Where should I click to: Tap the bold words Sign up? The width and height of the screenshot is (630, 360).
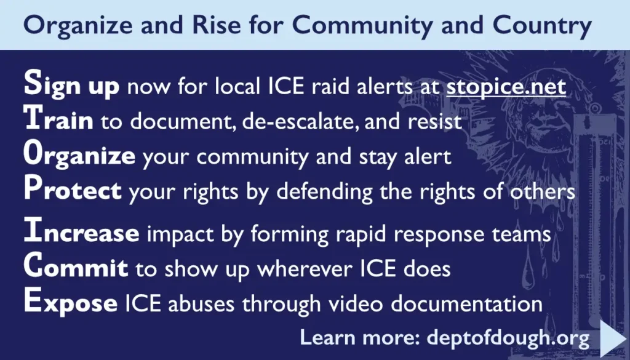pyautogui.click(x=71, y=87)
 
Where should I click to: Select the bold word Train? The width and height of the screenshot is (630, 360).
pyautogui.click(x=58, y=121)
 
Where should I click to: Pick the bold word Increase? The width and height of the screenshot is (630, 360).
pyautogui.click(x=81, y=234)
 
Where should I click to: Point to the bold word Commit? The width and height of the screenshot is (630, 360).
pyautogui.click(x=76, y=268)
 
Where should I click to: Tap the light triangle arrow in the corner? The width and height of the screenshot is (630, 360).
pyautogui.click(x=612, y=338)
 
